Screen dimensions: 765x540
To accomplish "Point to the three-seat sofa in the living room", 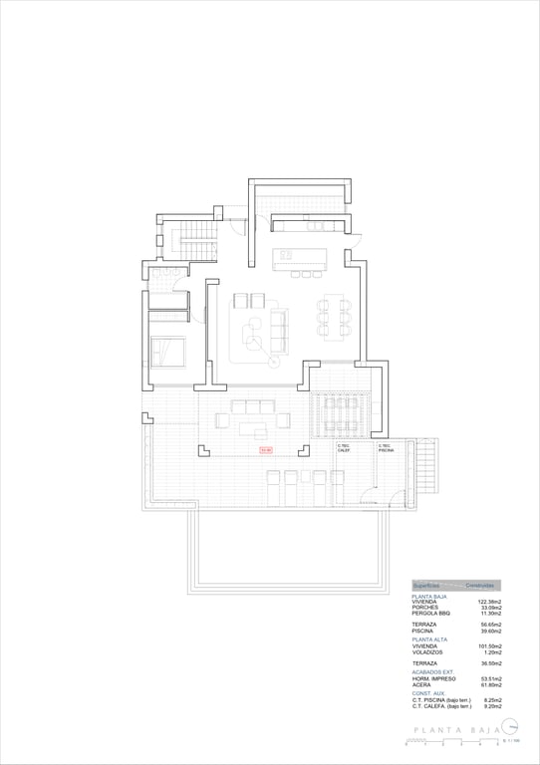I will (278, 325).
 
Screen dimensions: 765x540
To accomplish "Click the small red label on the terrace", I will (266, 450).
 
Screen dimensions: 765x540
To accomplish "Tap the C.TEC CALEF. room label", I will (344, 448).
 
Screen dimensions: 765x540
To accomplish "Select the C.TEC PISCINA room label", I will (387, 448).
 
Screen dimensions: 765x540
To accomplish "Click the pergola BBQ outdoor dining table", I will (341, 415).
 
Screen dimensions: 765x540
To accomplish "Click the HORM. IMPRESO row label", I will (433, 678).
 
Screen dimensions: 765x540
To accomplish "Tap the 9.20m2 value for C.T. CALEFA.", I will (491, 705).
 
